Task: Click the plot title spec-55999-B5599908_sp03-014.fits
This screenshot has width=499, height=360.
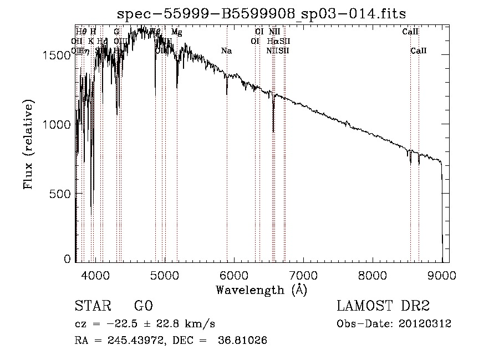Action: click(266, 14)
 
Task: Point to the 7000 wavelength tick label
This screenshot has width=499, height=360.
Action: click(303, 273)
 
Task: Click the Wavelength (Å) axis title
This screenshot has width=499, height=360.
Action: click(261, 289)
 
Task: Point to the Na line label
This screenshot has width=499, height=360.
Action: click(226, 50)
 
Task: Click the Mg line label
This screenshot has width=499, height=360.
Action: click(176, 32)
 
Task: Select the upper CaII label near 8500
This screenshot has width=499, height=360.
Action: click(410, 32)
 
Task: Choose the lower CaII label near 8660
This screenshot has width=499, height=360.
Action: click(419, 50)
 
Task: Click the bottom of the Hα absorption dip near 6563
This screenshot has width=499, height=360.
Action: click(273, 131)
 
